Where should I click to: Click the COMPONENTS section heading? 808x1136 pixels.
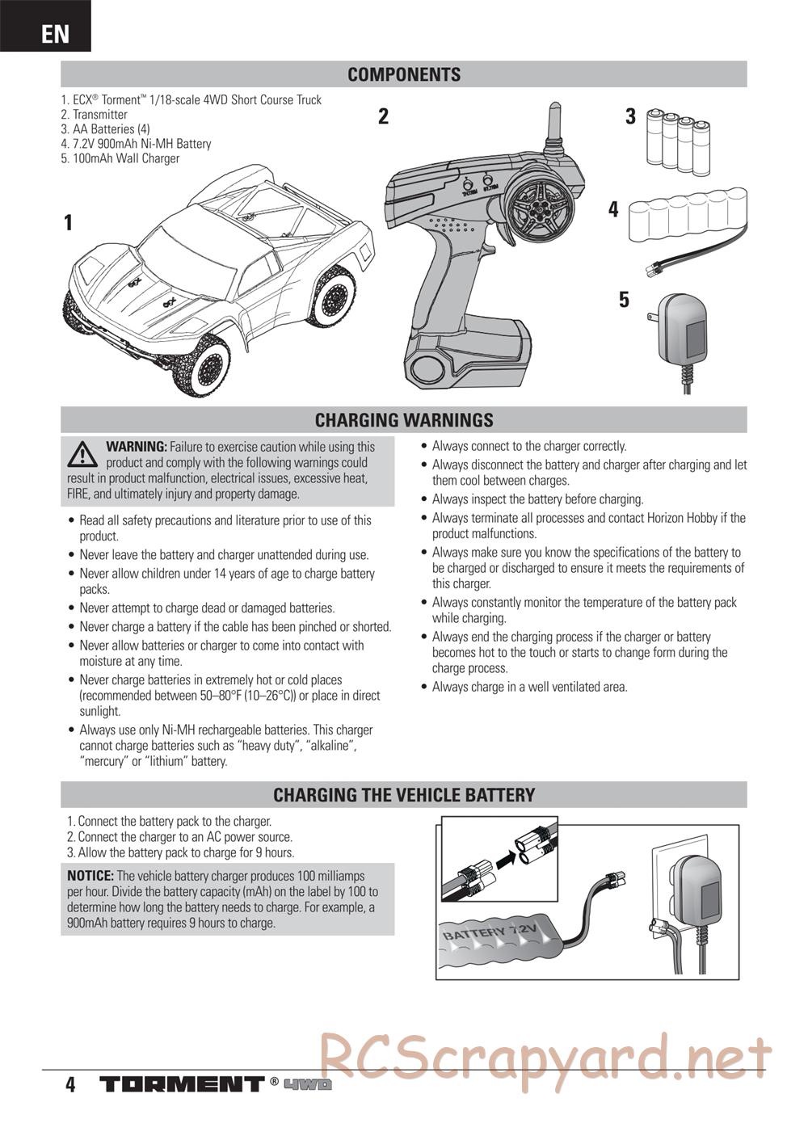404,74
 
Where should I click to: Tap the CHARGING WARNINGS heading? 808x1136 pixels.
404,420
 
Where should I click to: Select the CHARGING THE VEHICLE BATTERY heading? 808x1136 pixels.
404,795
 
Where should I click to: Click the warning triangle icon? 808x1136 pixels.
82,454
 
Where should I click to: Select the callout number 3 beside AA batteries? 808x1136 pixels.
630,116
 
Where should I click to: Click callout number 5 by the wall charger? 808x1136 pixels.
624,300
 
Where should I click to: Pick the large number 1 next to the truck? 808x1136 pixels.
69,223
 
